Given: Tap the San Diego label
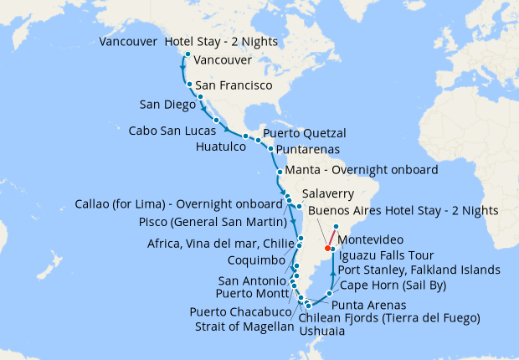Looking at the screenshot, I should click(x=166, y=104).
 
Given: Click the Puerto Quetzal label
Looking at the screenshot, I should click(x=304, y=133).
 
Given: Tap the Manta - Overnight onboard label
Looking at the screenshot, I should click(x=362, y=170).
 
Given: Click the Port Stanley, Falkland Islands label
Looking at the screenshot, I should click(x=419, y=270).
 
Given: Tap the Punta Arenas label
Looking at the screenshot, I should click(x=369, y=306).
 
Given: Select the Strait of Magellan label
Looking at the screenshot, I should click(x=244, y=327).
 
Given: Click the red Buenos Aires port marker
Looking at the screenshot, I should click(x=326, y=248).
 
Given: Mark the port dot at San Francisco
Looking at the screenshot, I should click(x=190, y=85).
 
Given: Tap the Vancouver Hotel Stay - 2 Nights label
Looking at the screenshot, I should click(x=188, y=42).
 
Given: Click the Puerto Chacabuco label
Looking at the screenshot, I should click(x=244, y=312).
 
